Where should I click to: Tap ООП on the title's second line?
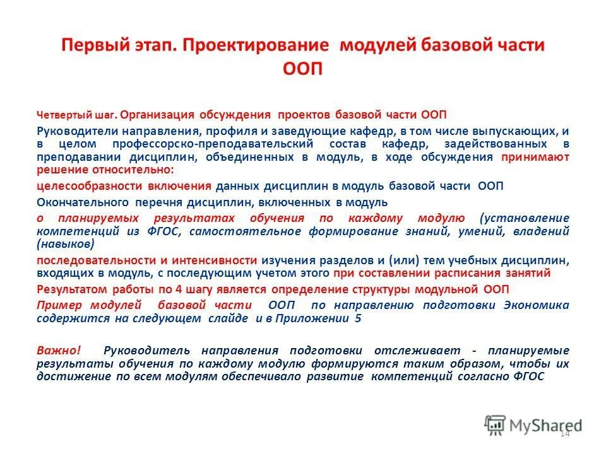point(302,68)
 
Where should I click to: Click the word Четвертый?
point(63,115)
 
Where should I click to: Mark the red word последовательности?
point(92,260)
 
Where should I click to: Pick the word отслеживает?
point(425,350)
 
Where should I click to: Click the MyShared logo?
point(533,424)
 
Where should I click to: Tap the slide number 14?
point(564,434)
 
